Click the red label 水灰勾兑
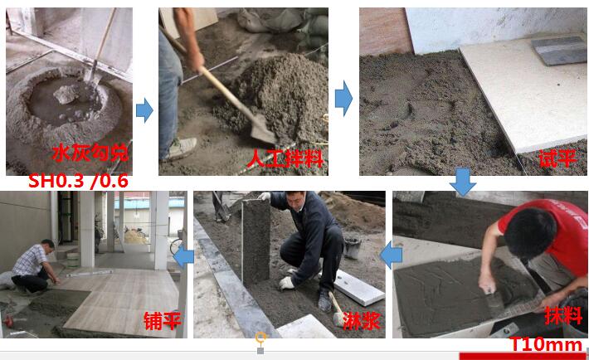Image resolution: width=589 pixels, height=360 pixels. click(x=90, y=153)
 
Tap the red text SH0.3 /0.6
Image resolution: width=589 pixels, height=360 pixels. click(x=78, y=181)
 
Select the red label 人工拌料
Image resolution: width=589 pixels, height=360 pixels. click(x=285, y=158)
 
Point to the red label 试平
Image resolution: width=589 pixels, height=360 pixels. click(x=557, y=158)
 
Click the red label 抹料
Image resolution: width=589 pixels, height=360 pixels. click(x=563, y=315)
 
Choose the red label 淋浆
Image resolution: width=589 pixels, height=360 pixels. click(x=362, y=321)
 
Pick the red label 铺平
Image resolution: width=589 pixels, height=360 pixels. click(x=163, y=321)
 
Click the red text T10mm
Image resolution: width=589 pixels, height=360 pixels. click(x=545, y=344)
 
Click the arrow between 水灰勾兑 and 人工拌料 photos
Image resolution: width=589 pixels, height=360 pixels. click(x=144, y=110)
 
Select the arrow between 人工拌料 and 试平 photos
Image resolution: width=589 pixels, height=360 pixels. click(x=343, y=99)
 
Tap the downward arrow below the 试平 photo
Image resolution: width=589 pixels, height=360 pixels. click(x=463, y=182)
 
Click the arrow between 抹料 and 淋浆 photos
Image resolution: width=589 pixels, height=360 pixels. click(x=391, y=255)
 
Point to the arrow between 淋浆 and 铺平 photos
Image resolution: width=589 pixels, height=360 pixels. click(x=183, y=255)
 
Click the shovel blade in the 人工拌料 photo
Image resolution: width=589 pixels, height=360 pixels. click(x=263, y=129)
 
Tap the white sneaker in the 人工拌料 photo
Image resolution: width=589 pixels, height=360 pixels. click(x=183, y=148)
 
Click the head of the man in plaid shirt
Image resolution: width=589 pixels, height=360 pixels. click(x=48, y=246)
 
